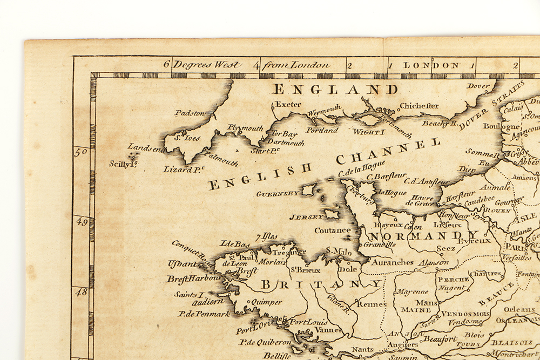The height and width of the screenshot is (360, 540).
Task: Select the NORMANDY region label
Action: pos(423,236)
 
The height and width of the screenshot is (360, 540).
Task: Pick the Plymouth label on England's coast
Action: pos(245,128)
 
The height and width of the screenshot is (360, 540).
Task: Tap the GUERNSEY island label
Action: pos(278,193)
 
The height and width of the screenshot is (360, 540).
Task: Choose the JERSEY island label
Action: pos(306,217)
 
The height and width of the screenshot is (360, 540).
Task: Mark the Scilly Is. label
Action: pos(122,164)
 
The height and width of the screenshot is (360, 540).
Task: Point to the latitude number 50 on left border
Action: pos(81,153)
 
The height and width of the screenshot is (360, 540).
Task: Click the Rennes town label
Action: pos(372,304)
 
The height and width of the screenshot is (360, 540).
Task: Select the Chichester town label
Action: pos(419,106)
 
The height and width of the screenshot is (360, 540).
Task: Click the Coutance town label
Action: pos(333,230)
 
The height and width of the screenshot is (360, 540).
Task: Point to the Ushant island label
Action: pos(182,263)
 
